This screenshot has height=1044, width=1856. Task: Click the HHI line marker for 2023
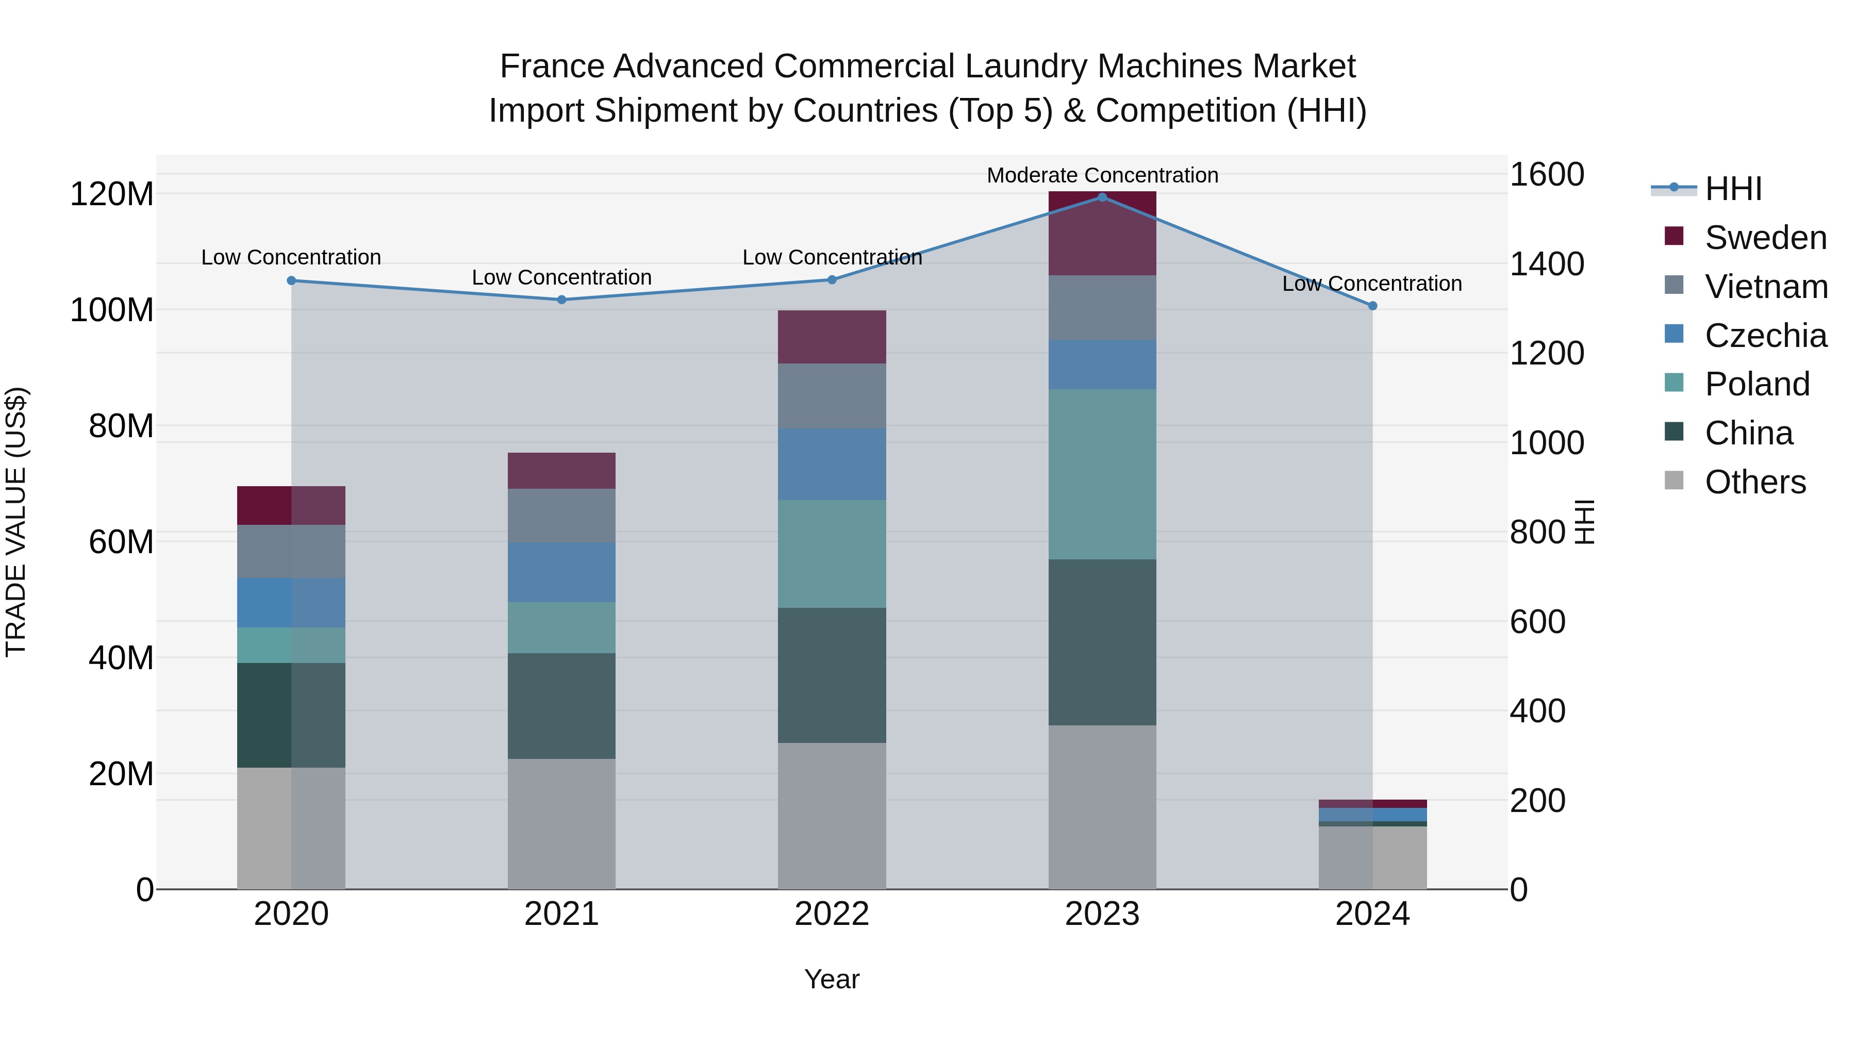pyautogui.click(x=1102, y=197)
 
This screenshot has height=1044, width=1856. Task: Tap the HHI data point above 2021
pyautogui.click(x=562, y=300)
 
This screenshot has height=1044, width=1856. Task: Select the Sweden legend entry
pyautogui.click(x=1765, y=238)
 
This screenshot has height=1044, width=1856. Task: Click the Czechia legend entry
pyautogui.click(x=1765, y=336)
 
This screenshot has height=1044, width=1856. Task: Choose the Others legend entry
pyautogui.click(x=1755, y=482)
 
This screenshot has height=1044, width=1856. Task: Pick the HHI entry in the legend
pyautogui.click(x=1733, y=189)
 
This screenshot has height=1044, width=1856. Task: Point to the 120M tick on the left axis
pyautogui.click(x=112, y=194)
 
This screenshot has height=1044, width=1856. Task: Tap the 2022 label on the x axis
pyautogui.click(x=832, y=914)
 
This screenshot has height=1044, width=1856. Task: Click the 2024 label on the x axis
pyautogui.click(x=1372, y=914)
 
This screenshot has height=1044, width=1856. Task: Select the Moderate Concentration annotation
pyautogui.click(x=1102, y=175)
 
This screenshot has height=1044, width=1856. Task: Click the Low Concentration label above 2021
pyautogui.click(x=561, y=277)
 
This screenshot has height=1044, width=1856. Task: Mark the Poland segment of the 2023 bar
pyautogui.click(x=1102, y=474)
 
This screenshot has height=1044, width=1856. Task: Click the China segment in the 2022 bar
pyautogui.click(x=832, y=675)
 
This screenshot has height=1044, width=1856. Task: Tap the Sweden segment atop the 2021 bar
pyautogui.click(x=561, y=471)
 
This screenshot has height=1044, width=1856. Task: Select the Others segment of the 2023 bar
pyautogui.click(x=1102, y=807)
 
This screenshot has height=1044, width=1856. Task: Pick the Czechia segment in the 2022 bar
pyautogui.click(x=832, y=464)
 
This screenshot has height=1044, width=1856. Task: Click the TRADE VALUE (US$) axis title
pyautogui.click(x=16, y=522)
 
